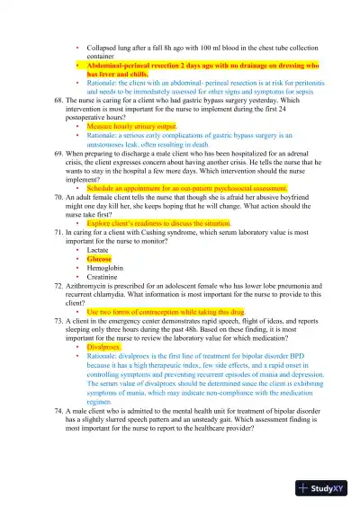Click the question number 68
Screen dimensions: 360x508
[59, 102]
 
